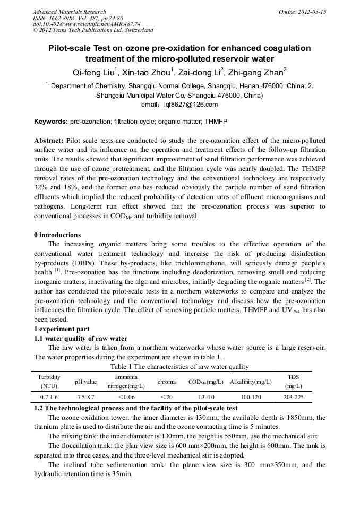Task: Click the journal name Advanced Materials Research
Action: point(69,12)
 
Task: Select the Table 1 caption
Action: point(179,366)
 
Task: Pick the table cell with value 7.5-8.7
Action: point(85,397)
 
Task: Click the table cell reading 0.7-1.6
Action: point(49,397)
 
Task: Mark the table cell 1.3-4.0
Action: point(205,397)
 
